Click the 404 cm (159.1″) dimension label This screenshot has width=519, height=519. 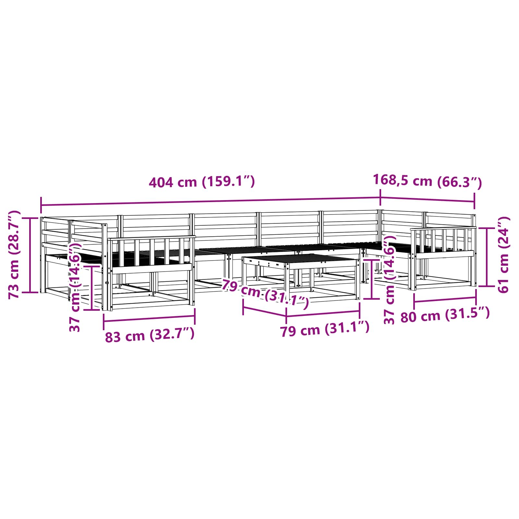[202, 182]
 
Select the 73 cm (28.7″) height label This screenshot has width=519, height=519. [14, 255]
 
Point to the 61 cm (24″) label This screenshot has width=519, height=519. [503, 255]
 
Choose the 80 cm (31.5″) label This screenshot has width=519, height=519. [445, 315]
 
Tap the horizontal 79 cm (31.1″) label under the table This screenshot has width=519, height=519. [325, 329]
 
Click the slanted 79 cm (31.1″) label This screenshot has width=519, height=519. [265, 294]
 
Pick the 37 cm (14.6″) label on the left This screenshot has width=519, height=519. [75, 287]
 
